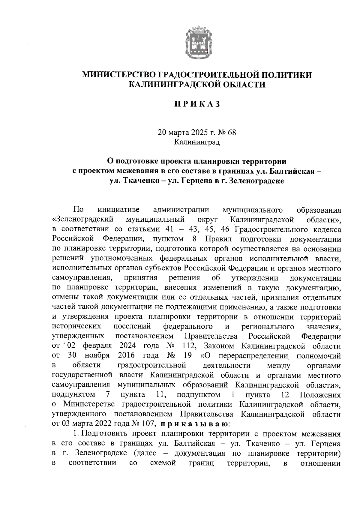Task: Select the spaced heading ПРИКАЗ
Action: [197, 104]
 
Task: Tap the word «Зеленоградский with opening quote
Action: [82, 219]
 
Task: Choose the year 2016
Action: [126, 356]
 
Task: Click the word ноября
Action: [97, 356]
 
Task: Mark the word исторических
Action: [76, 326]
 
